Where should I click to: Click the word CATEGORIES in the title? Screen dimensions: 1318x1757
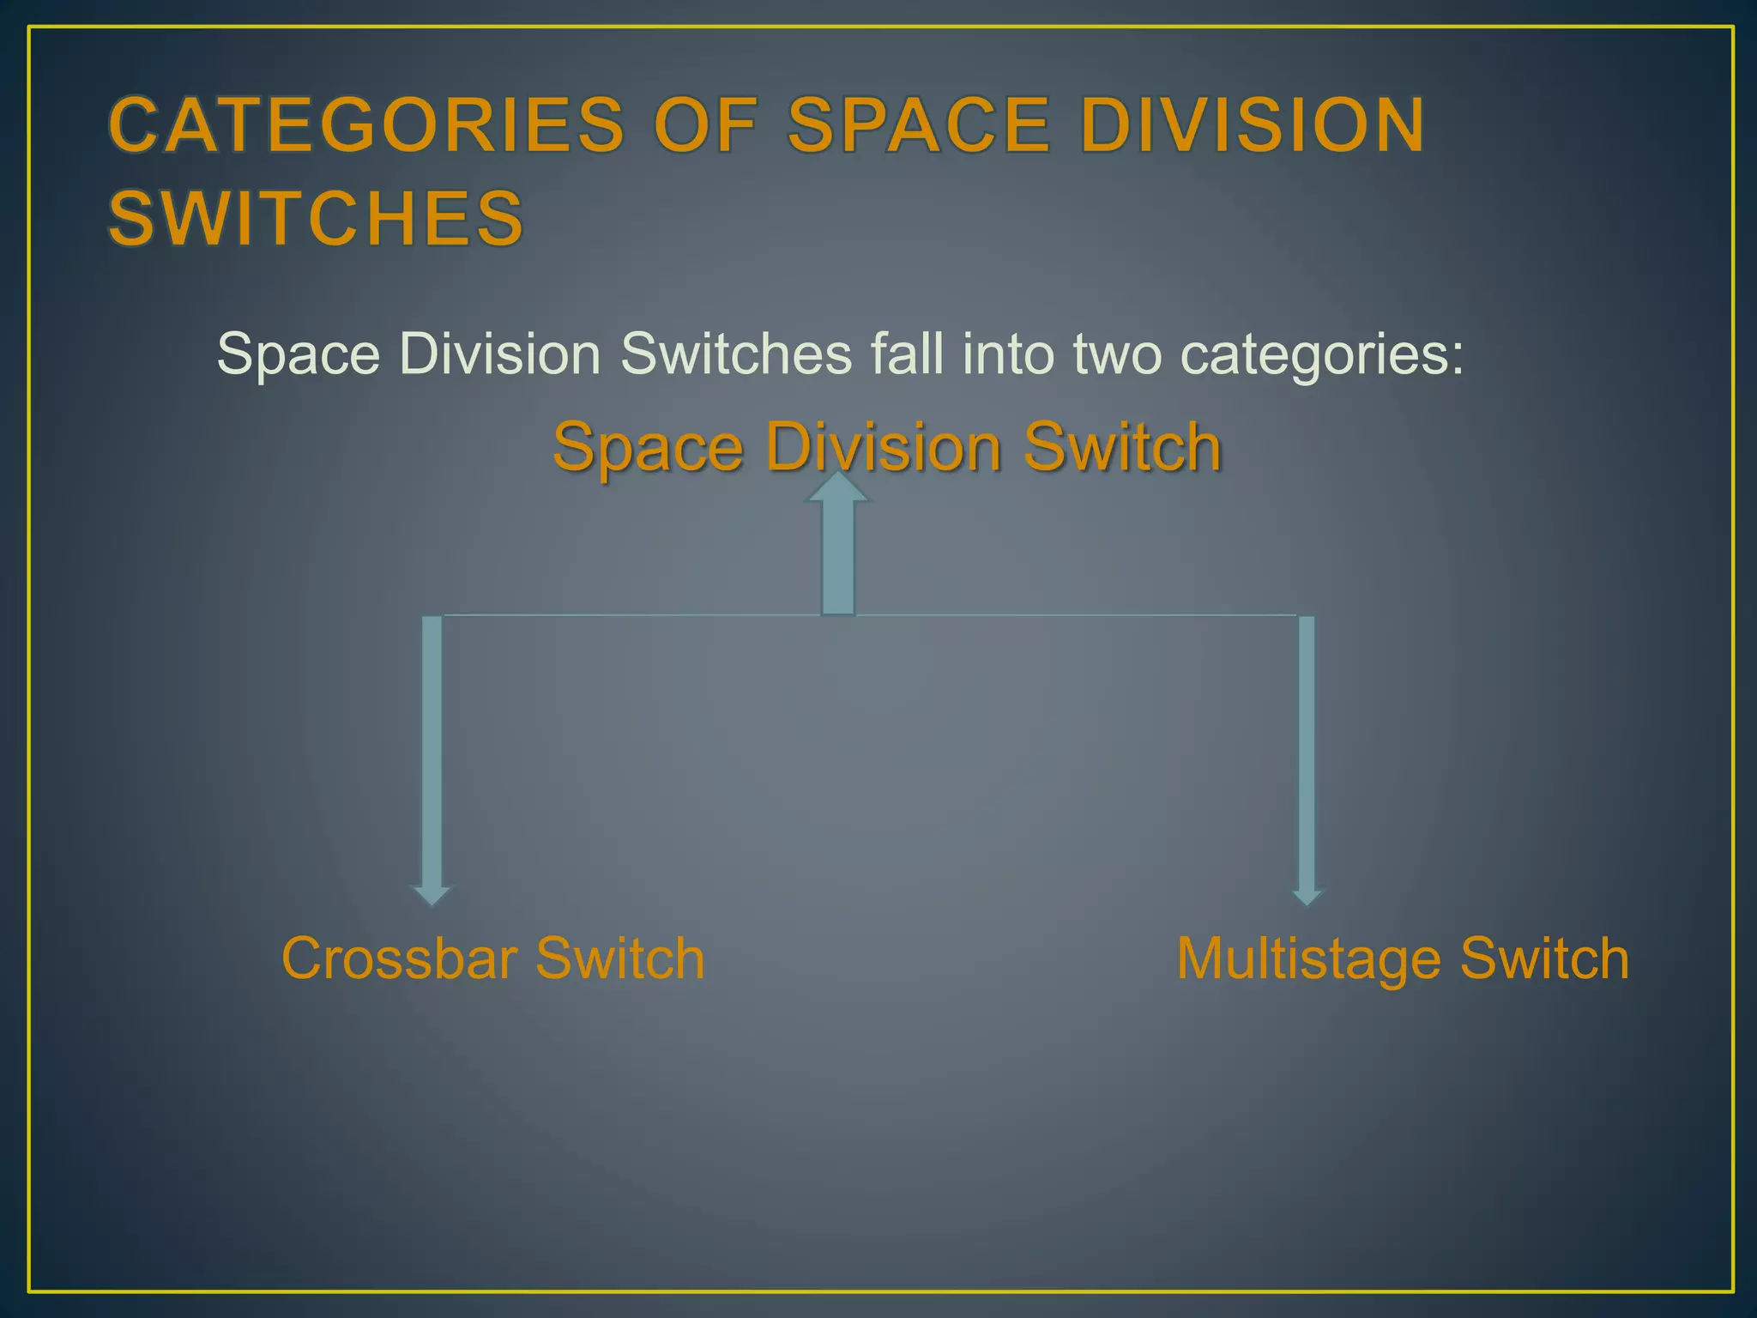point(367,125)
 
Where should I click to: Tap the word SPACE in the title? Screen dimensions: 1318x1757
point(919,125)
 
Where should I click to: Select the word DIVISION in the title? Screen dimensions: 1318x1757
point(1252,125)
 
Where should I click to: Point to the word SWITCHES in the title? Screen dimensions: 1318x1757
point(316,218)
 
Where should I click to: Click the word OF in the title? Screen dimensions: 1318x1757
point(706,125)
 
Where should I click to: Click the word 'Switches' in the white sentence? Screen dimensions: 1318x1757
point(736,354)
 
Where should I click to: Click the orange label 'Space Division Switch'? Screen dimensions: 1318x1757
point(887,447)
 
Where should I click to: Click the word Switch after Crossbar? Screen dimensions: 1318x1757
point(619,958)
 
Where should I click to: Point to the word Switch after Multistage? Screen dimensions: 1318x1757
point(1544,958)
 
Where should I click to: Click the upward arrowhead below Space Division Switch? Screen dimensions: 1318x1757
point(838,487)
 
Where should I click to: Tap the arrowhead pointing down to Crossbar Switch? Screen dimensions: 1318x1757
point(432,896)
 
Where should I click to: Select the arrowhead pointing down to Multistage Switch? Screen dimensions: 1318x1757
point(1307,896)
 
